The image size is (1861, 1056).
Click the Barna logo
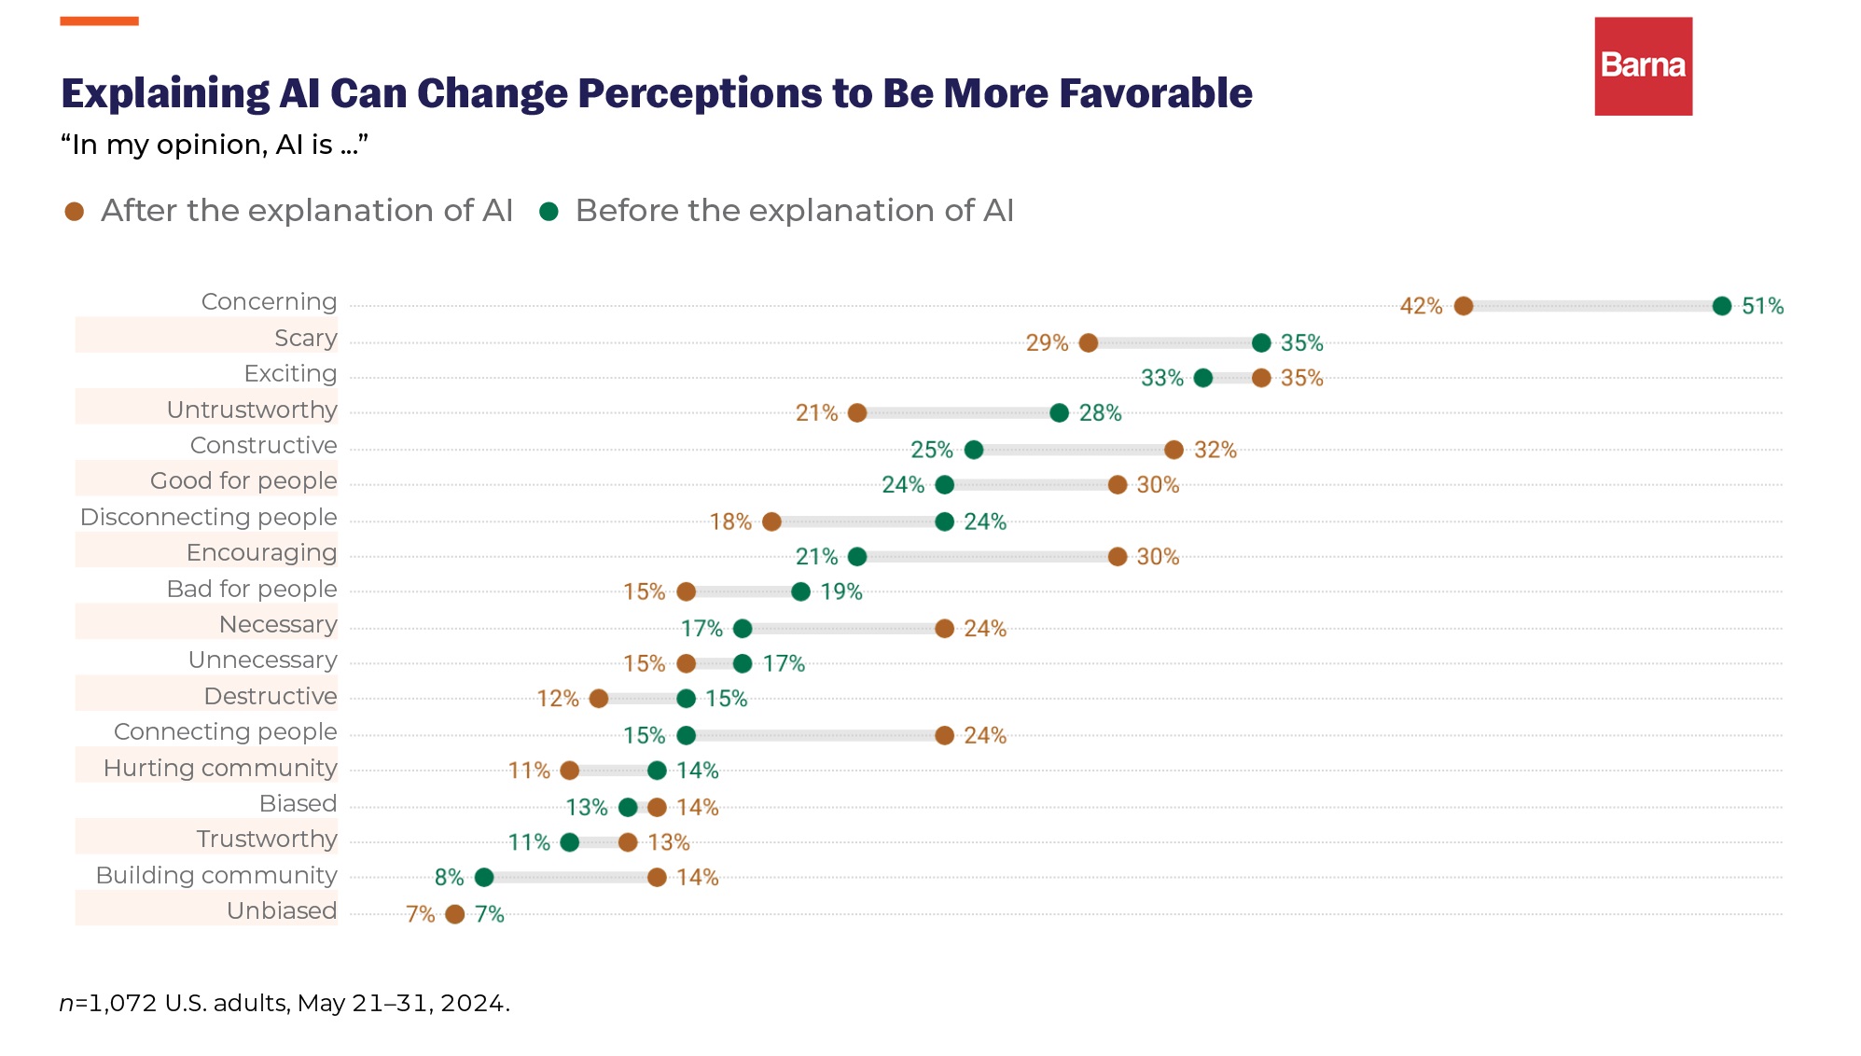tap(1643, 66)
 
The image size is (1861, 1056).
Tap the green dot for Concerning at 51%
tap(1722, 306)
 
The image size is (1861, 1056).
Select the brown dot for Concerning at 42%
tap(1464, 306)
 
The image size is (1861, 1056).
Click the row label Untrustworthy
tap(252, 410)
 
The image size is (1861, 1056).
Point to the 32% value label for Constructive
tap(1215, 451)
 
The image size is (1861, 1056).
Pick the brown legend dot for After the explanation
tap(75, 212)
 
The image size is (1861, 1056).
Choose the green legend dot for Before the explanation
tap(549, 212)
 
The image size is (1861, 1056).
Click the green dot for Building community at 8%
tap(484, 878)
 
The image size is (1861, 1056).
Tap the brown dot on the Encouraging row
tap(1118, 557)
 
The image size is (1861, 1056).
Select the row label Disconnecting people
tap(208, 517)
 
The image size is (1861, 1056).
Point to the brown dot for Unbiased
tap(455, 914)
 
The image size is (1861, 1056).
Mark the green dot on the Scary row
tap(1261, 343)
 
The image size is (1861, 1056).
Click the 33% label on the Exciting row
tap(1161, 379)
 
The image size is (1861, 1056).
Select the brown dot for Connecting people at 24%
tap(945, 735)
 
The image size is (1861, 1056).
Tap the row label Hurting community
tap(220, 768)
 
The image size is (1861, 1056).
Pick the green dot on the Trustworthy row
tap(570, 842)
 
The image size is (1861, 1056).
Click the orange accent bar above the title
tap(100, 21)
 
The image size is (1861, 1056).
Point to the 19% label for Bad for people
tap(841, 592)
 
